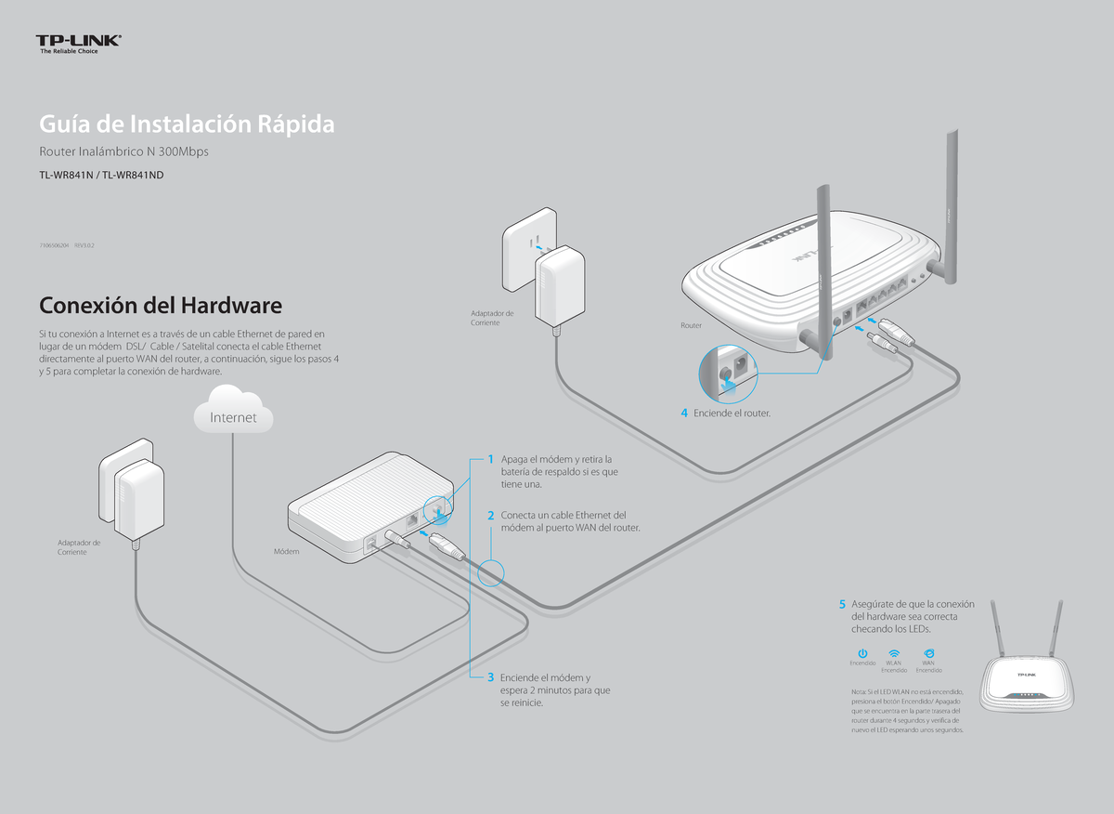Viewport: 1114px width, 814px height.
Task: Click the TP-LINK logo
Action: click(79, 43)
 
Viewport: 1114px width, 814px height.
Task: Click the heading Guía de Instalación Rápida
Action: click(186, 124)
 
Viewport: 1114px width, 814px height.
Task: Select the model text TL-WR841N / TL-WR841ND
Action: click(101, 174)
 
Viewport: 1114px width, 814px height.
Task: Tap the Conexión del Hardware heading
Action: click(160, 305)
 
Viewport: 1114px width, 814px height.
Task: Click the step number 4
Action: click(683, 413)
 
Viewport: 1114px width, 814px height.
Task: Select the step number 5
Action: click(842, 605)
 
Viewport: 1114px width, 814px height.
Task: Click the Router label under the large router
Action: click(692, 326)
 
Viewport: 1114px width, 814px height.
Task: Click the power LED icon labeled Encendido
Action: click(862, 654)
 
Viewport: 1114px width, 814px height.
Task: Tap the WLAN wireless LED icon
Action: click(894, 654)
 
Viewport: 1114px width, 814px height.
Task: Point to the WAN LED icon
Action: click(928, 654)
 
